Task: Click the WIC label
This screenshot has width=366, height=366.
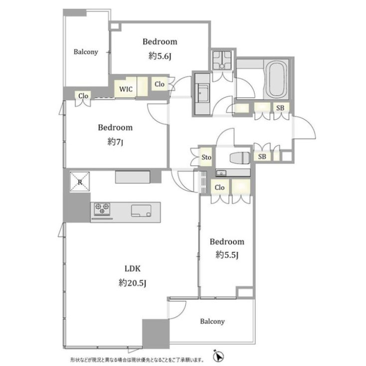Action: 125,89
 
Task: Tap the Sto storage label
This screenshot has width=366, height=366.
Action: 206,158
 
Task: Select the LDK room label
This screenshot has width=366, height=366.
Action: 132,269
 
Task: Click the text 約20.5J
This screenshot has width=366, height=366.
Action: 132,283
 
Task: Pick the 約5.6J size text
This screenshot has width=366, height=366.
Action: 160,56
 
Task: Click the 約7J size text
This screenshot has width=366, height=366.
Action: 115,142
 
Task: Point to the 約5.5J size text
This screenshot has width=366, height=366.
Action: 227,256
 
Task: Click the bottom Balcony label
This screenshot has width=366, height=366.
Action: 212,322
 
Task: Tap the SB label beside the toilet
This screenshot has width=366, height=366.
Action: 262,157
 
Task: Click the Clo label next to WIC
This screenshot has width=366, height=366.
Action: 160,84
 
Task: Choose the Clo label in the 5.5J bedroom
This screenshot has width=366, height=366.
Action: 220,187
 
